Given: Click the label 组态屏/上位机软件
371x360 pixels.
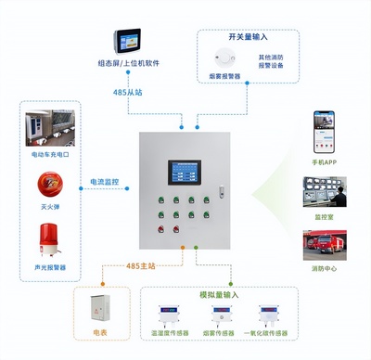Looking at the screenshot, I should tap(127, 64).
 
